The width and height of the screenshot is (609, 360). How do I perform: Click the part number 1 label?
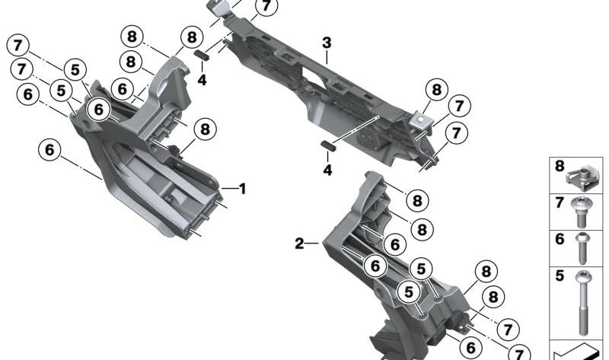243,187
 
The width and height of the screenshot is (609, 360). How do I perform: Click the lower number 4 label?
327,170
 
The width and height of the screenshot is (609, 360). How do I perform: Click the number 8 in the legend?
559,166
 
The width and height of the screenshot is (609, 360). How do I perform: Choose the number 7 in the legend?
559,202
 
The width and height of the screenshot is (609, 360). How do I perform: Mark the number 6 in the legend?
559,239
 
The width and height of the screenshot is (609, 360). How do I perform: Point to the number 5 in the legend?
559,276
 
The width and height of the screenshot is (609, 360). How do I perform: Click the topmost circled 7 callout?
264,7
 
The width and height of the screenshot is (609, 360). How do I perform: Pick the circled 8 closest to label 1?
204,130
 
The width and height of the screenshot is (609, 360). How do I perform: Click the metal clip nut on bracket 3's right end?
418,119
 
